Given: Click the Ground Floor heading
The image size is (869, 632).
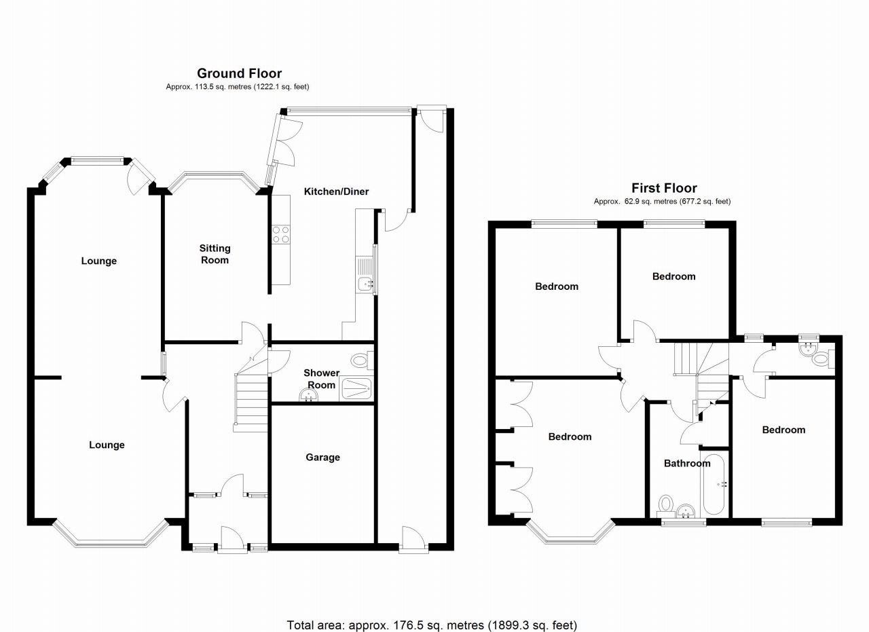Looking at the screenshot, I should click(239, 73).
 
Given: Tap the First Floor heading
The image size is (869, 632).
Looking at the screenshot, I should click(664, 189).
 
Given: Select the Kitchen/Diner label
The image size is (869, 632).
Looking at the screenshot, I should click(336, 191).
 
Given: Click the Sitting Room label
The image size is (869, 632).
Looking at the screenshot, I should click(215, 254).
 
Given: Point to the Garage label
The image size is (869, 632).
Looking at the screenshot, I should click(322, 458).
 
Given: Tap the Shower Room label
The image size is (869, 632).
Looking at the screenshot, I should click(322, 379).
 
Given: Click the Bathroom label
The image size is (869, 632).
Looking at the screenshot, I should click(687, 464).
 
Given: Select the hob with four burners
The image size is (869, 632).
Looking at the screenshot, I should click(280, 234).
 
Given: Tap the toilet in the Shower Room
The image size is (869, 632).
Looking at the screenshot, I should click(360, 360).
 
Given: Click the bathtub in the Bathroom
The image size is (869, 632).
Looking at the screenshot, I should click(714, 483).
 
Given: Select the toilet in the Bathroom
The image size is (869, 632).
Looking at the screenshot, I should click(665, 504).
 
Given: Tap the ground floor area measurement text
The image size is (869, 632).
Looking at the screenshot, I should click(239, 87).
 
